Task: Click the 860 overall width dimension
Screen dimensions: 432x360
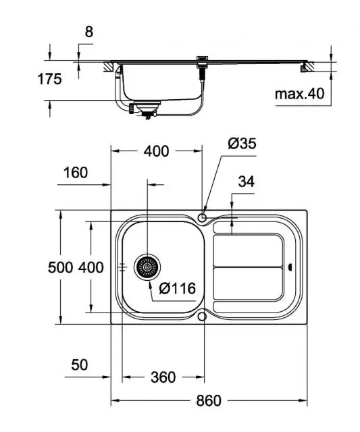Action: click(209, 400)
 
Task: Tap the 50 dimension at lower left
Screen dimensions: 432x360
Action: click(80, 365)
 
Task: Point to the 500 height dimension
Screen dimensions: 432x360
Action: click(60, 267)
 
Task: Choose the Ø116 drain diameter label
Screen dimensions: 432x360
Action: click(177, 288)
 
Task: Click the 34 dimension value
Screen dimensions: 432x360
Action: click(246, 182)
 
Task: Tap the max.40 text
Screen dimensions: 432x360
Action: click(299, 94)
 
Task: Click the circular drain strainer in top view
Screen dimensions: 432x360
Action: click(146, 267)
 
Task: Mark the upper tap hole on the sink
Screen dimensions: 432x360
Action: click(203, 217)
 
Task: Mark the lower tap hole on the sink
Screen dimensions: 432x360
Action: click(203, 316)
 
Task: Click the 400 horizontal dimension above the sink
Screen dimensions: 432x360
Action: click(157, 151)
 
